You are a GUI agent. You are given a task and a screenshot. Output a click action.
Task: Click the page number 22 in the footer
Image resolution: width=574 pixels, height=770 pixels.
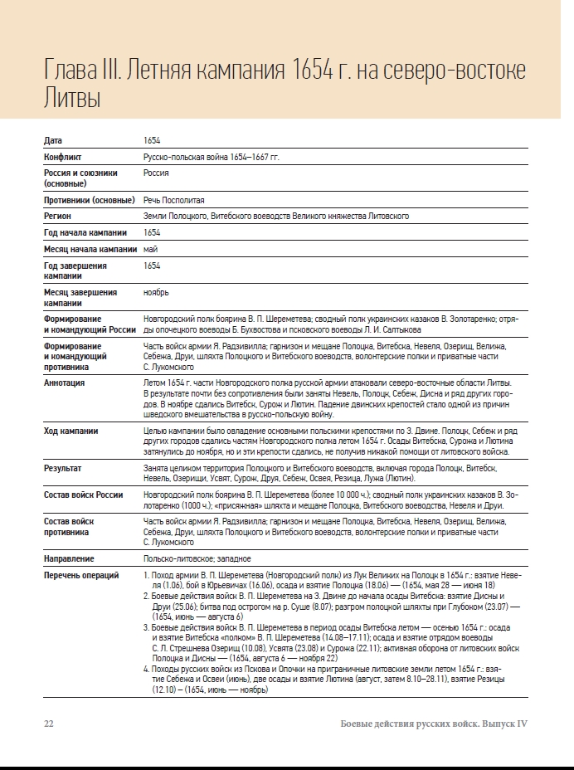(48, 724)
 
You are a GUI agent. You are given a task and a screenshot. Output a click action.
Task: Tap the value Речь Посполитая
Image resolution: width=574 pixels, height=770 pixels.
(173, 201)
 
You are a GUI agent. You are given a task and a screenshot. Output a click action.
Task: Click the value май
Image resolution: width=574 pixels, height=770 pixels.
(150, 249)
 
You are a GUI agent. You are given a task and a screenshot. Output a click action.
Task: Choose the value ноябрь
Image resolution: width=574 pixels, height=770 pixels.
(156, 293)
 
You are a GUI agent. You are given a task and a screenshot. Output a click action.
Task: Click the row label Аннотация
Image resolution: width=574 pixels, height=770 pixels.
(64, 383)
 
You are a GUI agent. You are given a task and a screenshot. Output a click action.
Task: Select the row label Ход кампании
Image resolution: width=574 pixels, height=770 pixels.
(71, 431)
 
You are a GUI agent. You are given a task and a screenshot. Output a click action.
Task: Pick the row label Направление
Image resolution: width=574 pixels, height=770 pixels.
(69, 559)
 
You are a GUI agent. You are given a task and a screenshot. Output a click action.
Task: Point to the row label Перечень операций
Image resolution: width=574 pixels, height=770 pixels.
(81, 575)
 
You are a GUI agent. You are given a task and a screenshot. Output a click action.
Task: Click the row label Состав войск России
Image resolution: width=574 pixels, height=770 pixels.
(83, 495)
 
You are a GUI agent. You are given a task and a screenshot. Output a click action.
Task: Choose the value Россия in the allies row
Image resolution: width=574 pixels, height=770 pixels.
(156, 173)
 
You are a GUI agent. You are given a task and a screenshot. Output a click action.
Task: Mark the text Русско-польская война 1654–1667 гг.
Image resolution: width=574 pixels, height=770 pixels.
(212, 157)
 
